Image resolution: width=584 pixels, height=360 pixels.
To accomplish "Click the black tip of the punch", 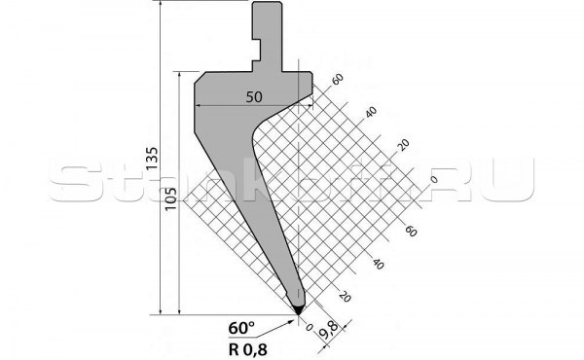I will click(x=297, y=306).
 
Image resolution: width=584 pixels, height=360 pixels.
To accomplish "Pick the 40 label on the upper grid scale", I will click(x=371, y=113).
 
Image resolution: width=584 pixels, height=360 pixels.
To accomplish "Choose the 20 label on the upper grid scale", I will click(x=403, y=145).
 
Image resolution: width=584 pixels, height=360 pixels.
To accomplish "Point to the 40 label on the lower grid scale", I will click(x=377, y=264).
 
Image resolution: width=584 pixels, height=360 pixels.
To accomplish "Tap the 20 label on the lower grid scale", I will click(x=344, y=296).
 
